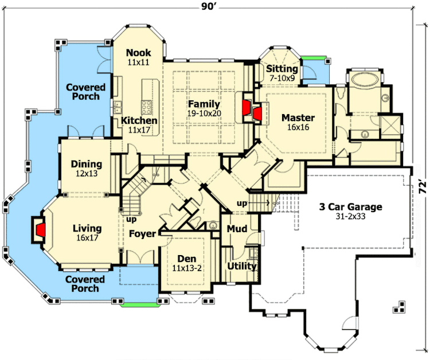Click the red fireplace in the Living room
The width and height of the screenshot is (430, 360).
[41, 230]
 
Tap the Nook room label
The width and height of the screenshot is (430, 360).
[139, 53]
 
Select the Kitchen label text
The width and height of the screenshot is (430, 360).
[139, 121]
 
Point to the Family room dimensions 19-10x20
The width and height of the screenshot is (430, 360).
[204, 114]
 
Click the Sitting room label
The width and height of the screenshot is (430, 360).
[282, 69]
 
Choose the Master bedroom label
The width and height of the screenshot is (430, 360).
[298, 118]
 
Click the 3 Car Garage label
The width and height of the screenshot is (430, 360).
[351, 207]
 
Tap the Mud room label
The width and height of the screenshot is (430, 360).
[237, 229]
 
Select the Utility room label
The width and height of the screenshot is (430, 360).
[241, 267]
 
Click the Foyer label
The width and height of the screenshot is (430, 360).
[142, 234]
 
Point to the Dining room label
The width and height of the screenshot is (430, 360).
[87, 164]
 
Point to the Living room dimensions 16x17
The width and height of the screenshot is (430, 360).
[87, 238]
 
